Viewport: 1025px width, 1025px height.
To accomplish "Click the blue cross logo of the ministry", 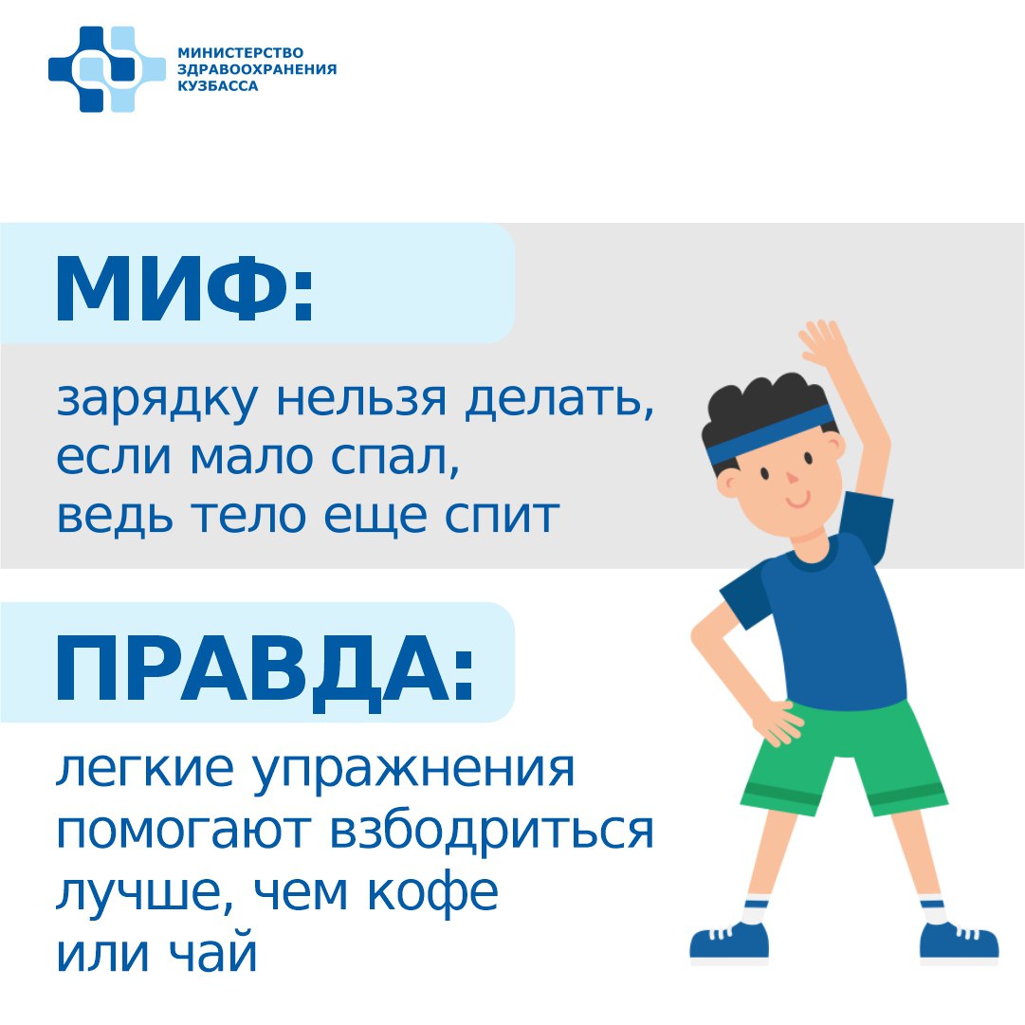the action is click(x=106, y=68).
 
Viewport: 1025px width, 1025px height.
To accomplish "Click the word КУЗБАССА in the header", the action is click(x=218, y=86).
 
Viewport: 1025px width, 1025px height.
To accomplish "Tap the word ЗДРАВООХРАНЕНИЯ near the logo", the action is click(x=257, y=69).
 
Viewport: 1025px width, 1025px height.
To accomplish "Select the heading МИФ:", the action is click(x=185, y=288).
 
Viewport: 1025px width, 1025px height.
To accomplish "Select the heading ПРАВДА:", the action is click(x=265, y=668).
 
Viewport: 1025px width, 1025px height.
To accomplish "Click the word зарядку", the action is click(x=157, y=399).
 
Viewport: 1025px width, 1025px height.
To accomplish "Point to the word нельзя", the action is click(x=361, y=398).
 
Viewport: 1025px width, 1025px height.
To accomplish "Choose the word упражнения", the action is click(x=413, y=772).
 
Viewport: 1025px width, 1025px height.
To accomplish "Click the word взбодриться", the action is click(x=491, y=832).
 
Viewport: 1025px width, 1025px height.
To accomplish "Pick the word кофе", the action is click(x=432, y=891).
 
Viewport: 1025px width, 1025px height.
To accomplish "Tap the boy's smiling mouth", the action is click(x=798, y=503).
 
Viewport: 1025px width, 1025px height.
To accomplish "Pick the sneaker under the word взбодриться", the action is click(x=729, y=942).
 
